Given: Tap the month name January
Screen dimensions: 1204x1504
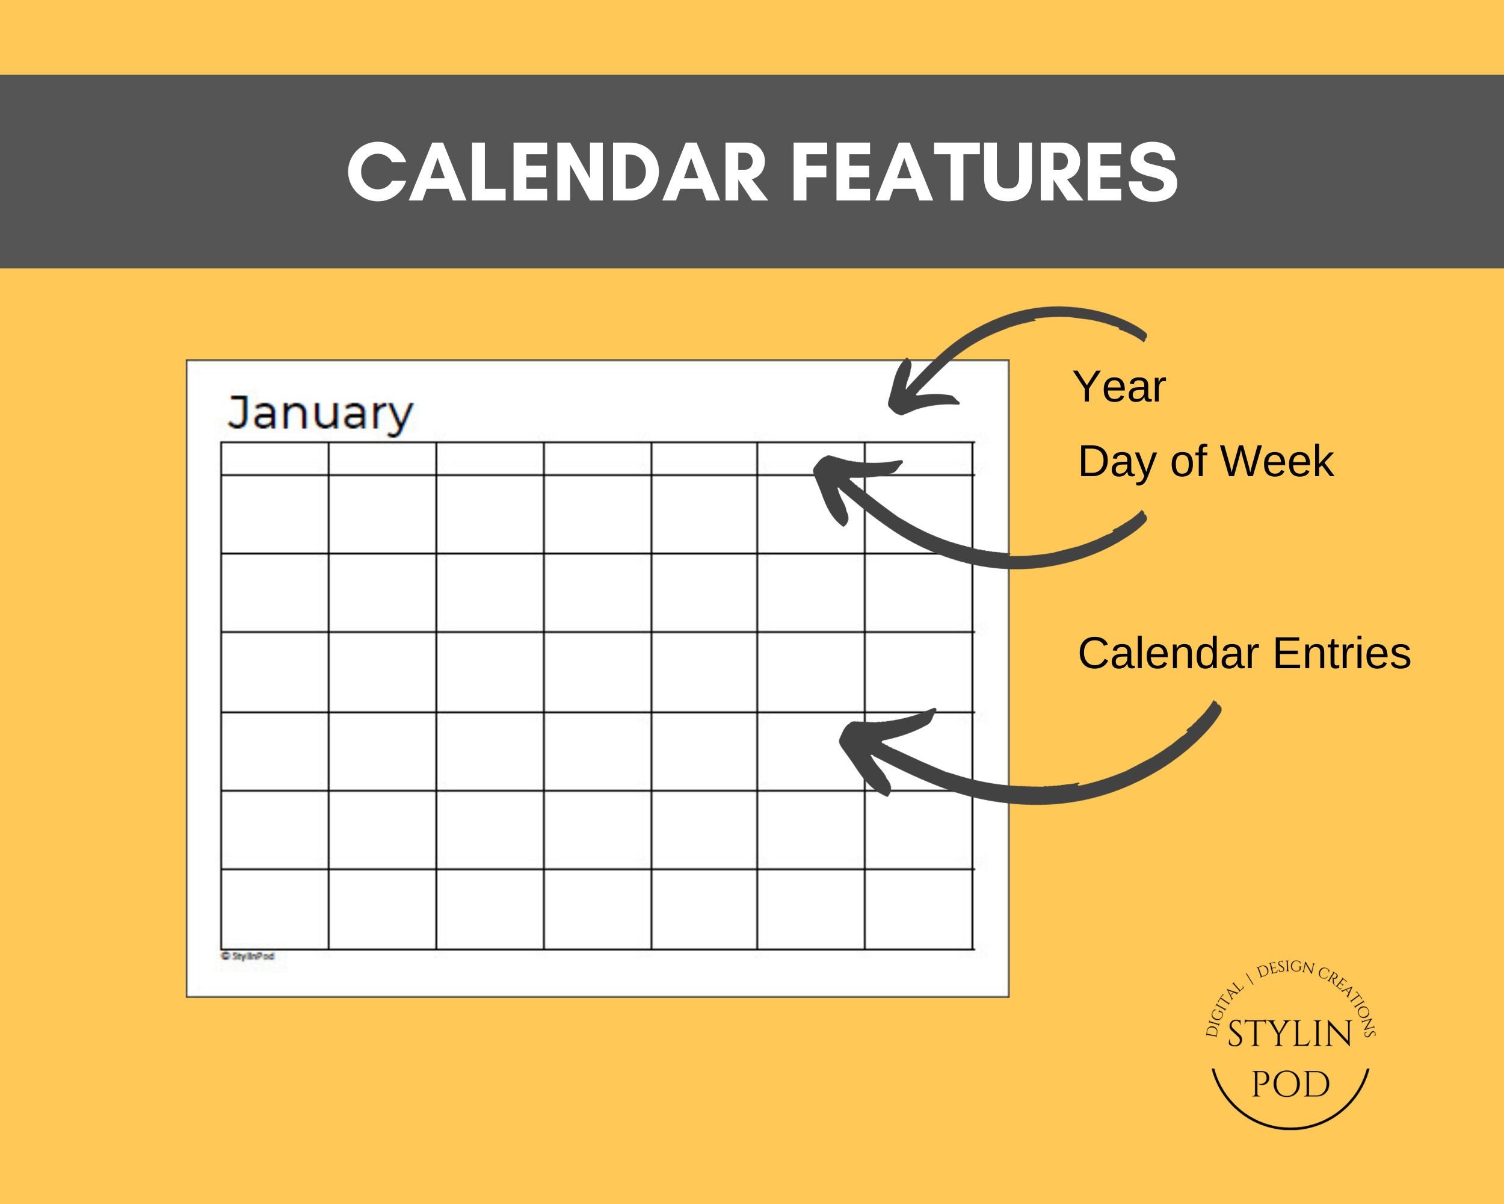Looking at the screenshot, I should (320, 413).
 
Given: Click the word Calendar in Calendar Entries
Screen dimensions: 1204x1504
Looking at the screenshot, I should (1171, 653).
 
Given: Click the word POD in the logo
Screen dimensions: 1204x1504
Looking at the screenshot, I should (1290, 1085).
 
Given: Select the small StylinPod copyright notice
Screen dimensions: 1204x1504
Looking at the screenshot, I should (248, 956).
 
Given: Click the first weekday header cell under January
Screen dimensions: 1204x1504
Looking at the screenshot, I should (275, 459).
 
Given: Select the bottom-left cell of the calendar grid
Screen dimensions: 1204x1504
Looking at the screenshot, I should (275, 909).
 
